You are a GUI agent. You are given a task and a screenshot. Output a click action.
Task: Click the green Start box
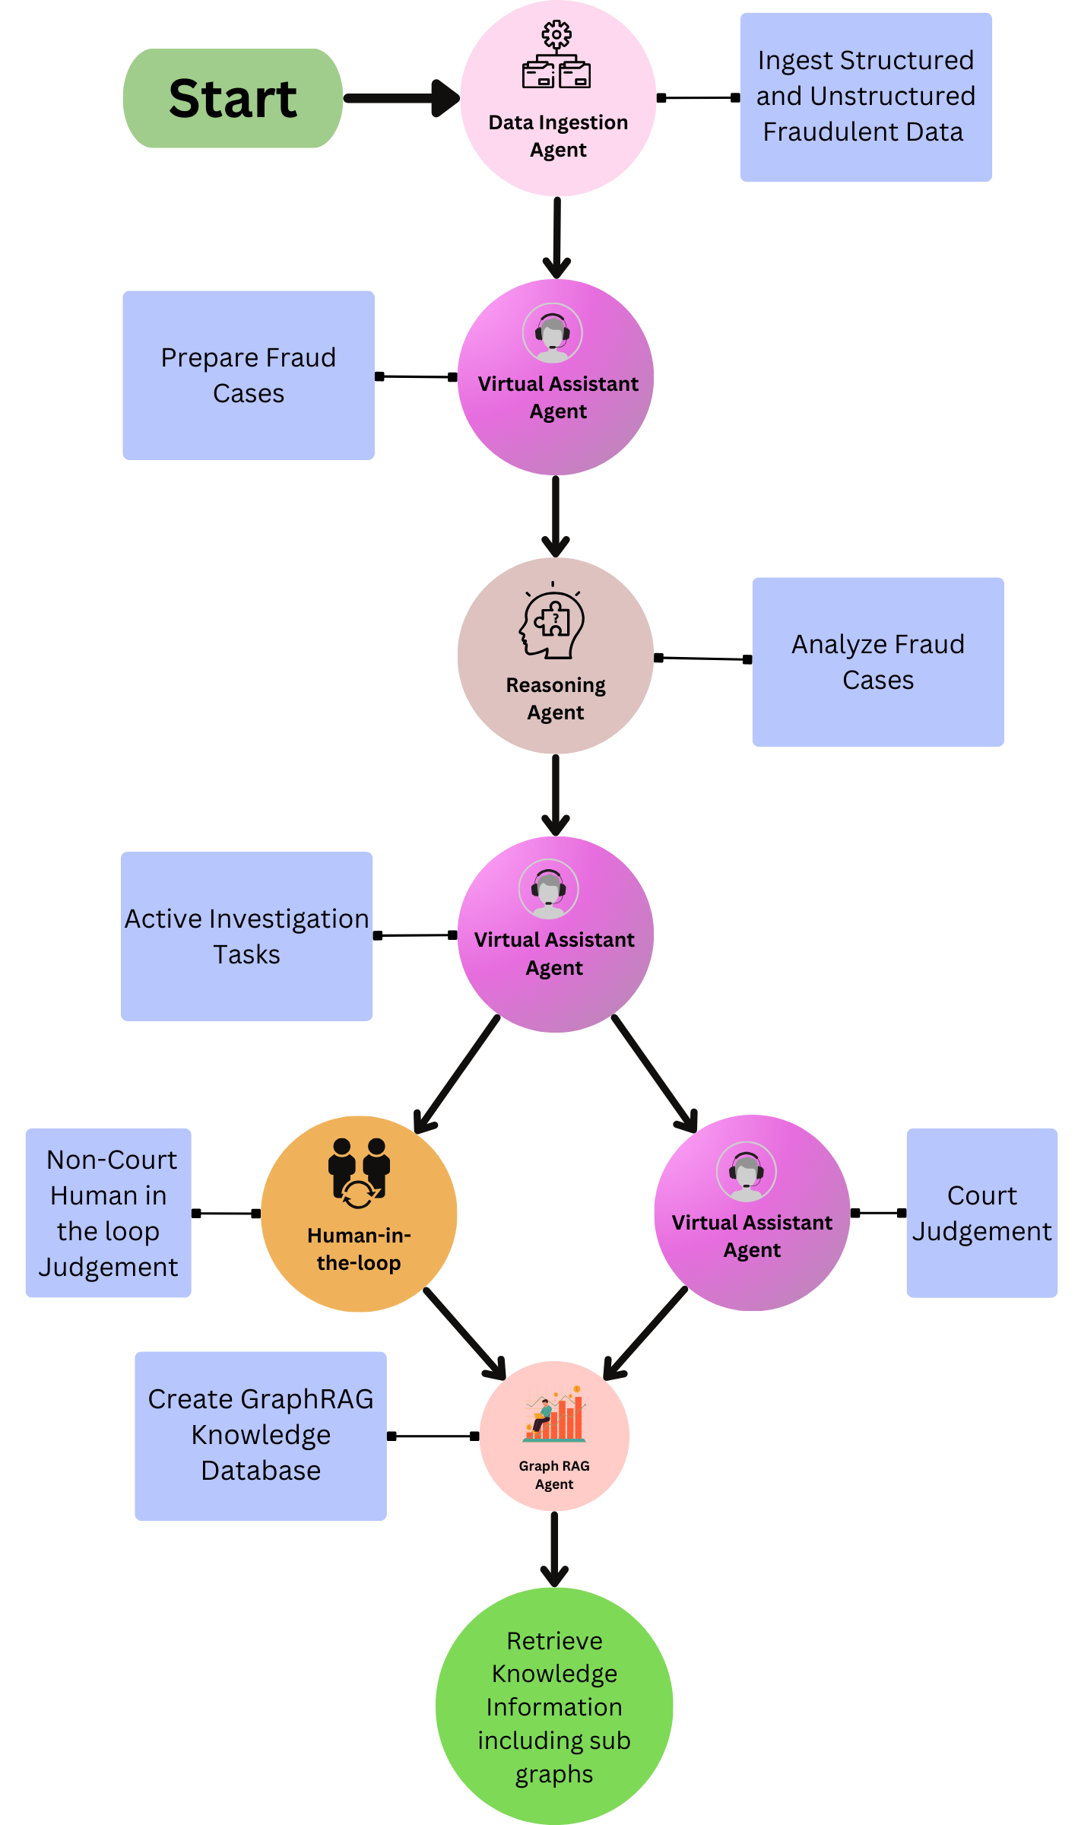point(233,98)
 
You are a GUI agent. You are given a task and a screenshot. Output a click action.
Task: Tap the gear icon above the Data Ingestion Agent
point(556,35)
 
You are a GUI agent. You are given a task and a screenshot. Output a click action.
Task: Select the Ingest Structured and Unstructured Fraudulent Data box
point(866,97)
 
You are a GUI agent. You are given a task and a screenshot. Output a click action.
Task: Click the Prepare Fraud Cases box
point(249,375)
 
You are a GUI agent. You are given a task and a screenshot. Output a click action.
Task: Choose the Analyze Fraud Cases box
point(878,662)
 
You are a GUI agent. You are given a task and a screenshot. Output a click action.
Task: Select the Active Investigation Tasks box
point(246,936)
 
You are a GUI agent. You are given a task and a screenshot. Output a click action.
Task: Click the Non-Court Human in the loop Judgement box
point(109,1213)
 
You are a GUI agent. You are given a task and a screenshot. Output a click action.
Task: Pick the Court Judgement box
point(981,1213)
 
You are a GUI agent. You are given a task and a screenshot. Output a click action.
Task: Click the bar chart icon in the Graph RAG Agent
point(555,1414)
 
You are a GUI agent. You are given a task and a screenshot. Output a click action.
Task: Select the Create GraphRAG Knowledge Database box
point(261,1436)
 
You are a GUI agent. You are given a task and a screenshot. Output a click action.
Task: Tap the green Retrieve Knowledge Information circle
point(554,1706)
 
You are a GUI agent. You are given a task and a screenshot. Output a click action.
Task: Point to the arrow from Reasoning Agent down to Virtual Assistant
point(556,795)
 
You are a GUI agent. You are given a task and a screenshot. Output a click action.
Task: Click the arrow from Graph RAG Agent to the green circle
point(555,1549)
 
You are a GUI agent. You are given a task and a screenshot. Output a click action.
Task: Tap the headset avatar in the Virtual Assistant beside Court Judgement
point(747,1172)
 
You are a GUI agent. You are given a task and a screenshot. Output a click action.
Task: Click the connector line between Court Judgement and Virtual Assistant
point(878,1213)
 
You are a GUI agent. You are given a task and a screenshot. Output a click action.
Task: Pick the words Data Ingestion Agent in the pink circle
point(558,136)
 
